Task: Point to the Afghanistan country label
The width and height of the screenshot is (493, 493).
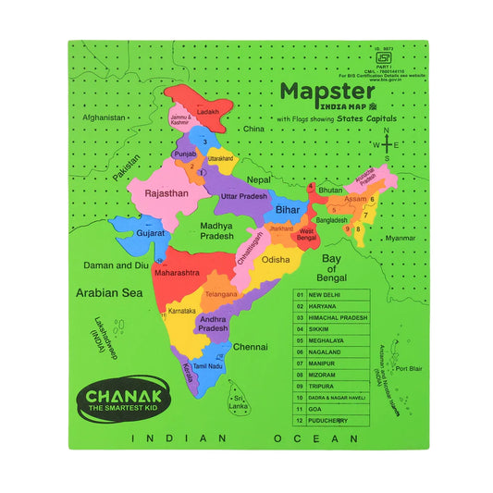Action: pyautogui.click(x=103, y=118)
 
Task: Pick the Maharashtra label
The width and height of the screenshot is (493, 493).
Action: pyautogui.click(x=176, y=274)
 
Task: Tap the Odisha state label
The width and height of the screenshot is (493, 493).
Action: pyautogui.click(x=276, y=261)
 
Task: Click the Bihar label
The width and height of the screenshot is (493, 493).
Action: pyautogui.click(x=287, y=211)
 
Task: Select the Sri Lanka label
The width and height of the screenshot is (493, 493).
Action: pyautogui.click(x=239, y=402)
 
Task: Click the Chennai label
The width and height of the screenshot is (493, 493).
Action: pyautogui.click(x=251, y=347)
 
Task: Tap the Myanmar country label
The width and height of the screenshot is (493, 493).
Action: pyautogui.click(x=401, y=238)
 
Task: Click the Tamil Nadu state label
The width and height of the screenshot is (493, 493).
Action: pyautogui.click(x=208, y=366)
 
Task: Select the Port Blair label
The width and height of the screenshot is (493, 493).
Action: pyautogui.click(x=408, y=368)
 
